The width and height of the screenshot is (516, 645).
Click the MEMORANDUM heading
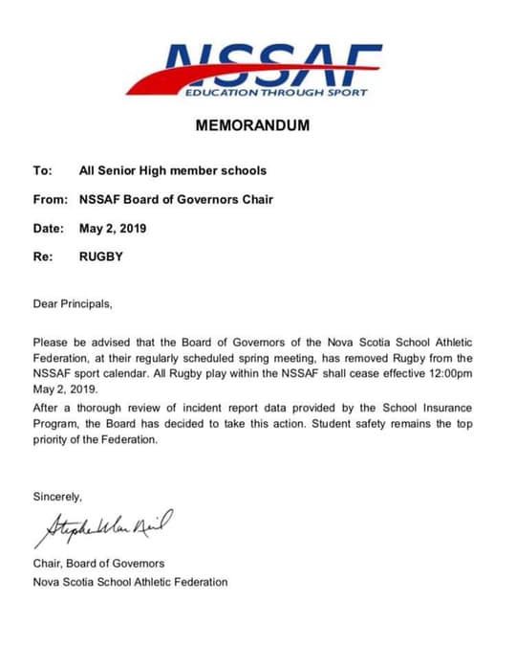[252, 125]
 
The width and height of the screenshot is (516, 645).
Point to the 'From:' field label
[49, 200]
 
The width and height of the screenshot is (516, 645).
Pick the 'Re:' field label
[42, 257]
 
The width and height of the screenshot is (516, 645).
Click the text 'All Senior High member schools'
[172, 171]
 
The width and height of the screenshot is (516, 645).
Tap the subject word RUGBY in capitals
[102, 257]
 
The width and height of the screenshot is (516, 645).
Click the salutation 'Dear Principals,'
[73, 305]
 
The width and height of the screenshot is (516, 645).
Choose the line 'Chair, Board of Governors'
[98, 563]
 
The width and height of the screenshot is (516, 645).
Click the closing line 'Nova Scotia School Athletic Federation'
[130, 581]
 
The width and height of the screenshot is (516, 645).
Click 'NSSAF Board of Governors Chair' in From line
[177, 200]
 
